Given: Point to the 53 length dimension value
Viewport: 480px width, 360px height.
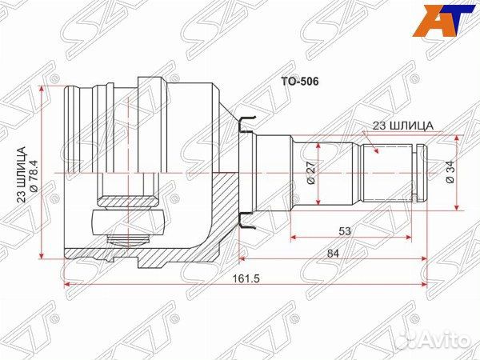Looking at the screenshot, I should pyautogui.click(x=346, y=231).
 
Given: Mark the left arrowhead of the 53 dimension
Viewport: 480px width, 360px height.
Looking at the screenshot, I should pyautogui.click(x=294, y=238).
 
